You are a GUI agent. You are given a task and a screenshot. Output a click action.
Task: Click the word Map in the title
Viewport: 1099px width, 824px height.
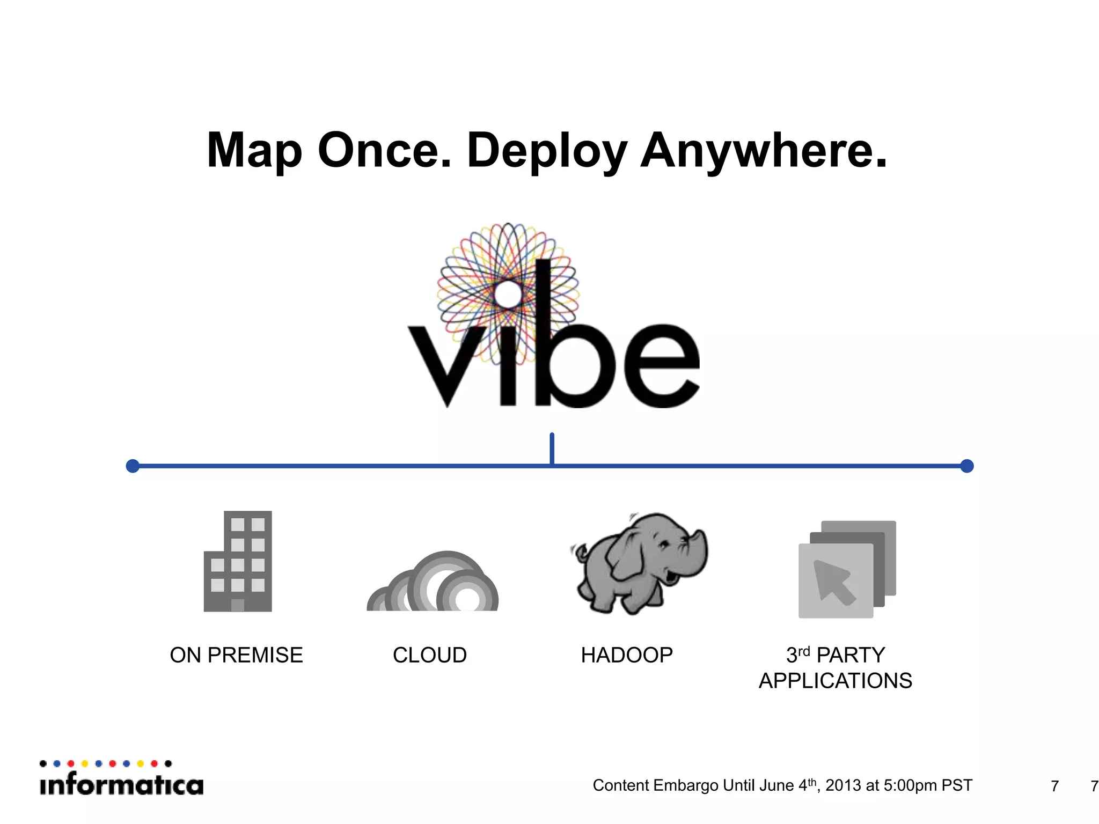pos(255,151)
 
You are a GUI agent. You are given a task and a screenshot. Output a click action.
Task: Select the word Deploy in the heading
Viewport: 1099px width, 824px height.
pos(547,151)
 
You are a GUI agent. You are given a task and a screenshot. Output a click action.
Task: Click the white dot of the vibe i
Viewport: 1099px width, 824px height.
pos(507,293)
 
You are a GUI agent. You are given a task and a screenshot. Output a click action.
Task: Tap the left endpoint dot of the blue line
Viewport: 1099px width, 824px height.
pos(133,466)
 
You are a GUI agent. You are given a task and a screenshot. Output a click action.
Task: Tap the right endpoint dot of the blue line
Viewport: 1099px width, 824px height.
pos(966,466)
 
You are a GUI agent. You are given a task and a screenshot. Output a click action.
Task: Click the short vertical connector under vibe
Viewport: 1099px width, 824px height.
pos(552,448)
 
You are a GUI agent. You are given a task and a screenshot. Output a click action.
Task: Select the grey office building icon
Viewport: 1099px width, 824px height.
pos(238,561)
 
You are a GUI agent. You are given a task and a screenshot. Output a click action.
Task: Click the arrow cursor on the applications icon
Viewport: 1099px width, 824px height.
pos(833,582)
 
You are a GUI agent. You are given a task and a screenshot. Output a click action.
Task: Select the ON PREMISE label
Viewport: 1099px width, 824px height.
pos(236,655)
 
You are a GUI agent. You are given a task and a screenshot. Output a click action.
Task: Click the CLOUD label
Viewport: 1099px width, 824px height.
pos(430,655)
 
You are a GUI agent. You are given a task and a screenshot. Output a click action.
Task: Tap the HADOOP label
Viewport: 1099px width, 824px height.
pos(627,655)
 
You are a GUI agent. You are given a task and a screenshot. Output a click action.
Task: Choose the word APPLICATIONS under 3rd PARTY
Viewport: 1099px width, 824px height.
pos(836,681)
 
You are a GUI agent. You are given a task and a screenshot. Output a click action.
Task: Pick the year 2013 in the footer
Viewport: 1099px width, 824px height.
pos(843,785)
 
